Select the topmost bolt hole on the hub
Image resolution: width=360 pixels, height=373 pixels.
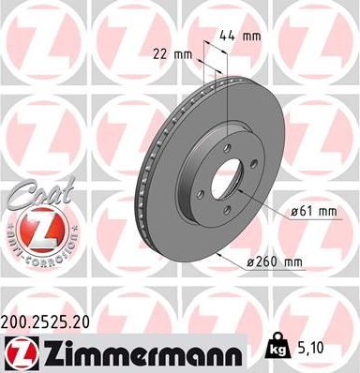(232, 142)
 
